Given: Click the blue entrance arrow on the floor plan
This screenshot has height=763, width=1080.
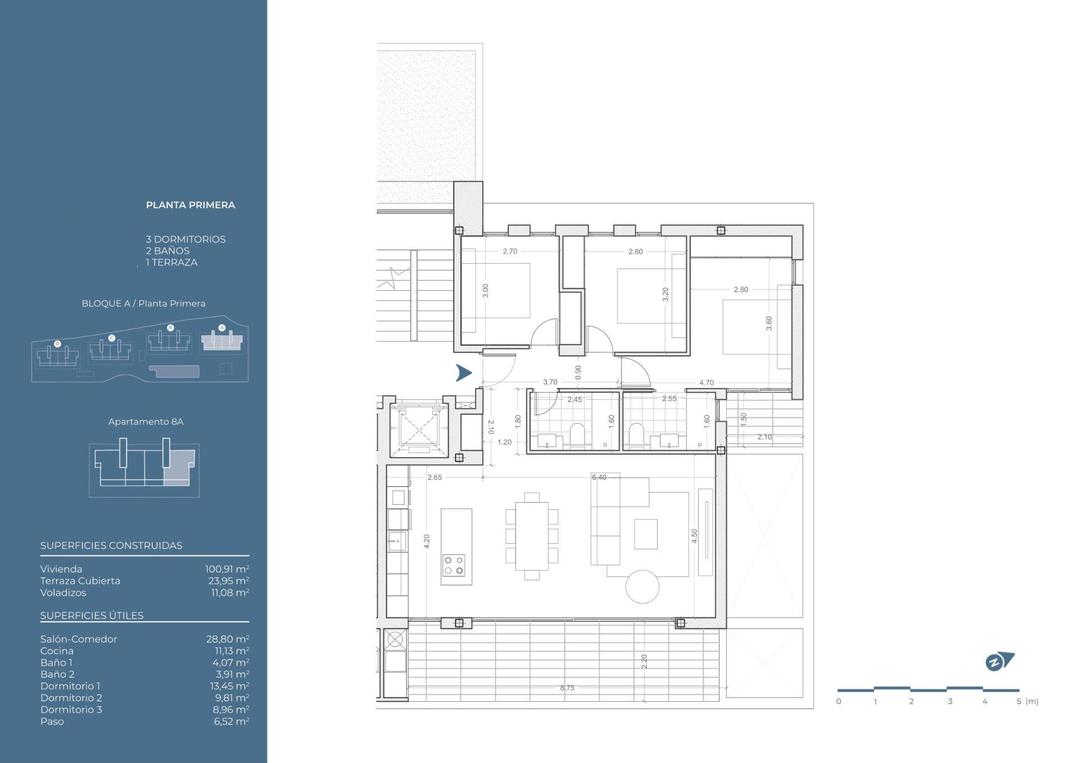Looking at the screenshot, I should click(463, 374).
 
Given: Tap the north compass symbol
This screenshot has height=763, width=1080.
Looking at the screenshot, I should click(998, 661).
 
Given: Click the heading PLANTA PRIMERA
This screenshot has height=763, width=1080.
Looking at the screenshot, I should click(191, 205).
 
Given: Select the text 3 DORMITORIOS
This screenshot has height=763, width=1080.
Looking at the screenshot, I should click(185, 240).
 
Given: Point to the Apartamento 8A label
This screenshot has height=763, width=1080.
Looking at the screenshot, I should click(146, 422).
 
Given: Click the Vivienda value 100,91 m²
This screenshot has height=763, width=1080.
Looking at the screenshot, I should click(227, 569).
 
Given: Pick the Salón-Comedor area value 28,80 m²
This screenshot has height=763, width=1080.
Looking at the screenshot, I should click(228, 639).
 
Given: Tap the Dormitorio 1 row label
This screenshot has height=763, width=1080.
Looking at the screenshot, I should click(70, 686).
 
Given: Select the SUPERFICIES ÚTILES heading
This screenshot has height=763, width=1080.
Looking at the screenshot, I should click(92, 616).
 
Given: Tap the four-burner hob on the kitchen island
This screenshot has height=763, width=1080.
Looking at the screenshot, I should click(455, 565).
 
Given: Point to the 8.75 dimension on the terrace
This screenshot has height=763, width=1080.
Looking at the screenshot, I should click(567, 688).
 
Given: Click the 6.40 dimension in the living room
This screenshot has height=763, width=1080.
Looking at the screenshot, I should click(599, 478).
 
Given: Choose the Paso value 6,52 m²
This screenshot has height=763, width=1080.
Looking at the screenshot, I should click(228, 721).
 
